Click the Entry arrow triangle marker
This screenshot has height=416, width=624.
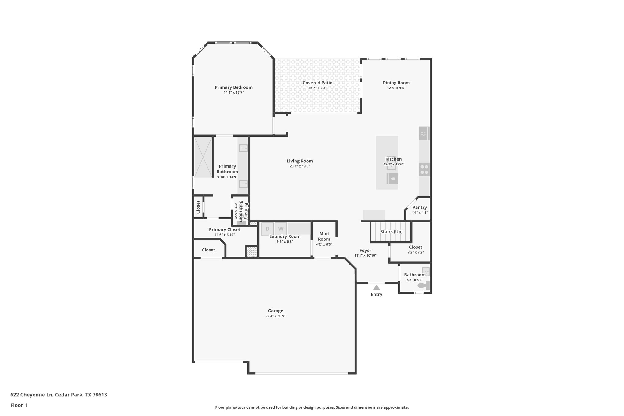(x=377, y=287)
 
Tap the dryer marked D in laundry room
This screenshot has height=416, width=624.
(x=268, y=229)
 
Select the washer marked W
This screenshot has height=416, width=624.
(x=281, y=229)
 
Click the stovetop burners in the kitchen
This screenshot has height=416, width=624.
(x=424, y=169)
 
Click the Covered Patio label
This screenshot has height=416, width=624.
(x=317, y=83)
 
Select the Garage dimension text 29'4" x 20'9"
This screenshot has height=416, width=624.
(x=275, y=316)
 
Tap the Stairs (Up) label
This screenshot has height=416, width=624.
(x=391, y=232)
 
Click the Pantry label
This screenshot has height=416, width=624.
(x=420, y=207)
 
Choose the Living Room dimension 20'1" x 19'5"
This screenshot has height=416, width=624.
(x=300, y=166)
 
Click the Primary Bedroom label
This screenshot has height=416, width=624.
(x=234, y=87)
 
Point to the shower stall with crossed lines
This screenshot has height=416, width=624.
(x=203, y=157)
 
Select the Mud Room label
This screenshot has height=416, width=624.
(x=324, y=236)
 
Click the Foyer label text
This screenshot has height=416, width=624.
(x=365, y=251)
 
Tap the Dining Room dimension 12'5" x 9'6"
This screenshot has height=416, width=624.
(x=396, y=88)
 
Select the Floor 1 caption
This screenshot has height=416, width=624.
(x=19, y=405)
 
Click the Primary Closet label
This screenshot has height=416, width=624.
(x=225, y=230)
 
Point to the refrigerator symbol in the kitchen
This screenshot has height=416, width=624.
(x=424, y=133)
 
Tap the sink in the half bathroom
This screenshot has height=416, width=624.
(x=425, y=271)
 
